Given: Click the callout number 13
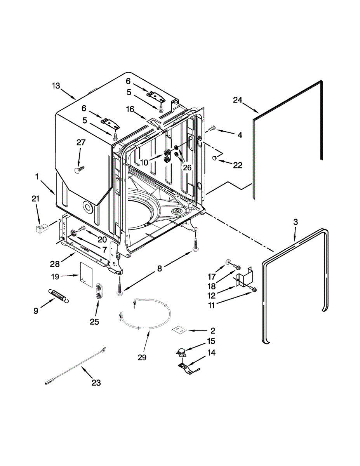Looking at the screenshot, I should pos(56,85).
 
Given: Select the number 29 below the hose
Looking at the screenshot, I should pos(142,358).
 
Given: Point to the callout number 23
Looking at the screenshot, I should pos(96,383).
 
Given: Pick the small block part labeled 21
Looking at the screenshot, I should pos(40,228).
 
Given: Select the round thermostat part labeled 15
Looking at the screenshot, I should pos(181,352).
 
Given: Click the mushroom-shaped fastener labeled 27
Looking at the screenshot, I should pos(79,170).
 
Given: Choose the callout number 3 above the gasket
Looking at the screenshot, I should pos(296,222).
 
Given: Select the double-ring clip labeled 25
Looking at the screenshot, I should pos(99,291).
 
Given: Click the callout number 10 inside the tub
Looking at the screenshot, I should pos(144,163).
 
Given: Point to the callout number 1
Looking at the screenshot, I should pos(37,177).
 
